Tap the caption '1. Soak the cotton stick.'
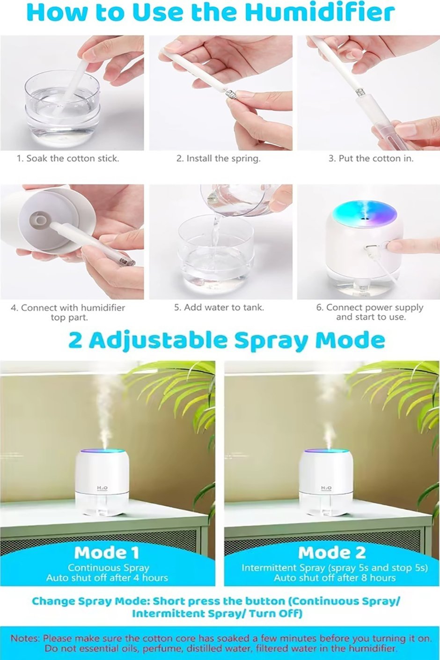point(68,159)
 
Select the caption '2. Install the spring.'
point(219,159)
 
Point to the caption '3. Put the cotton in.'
point(371,159)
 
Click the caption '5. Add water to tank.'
point(219,308)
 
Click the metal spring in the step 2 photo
point(231,96)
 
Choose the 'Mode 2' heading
point(332,553)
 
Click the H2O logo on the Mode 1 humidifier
point(102,488)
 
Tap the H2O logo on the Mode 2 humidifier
point(326,488)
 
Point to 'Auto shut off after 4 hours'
point(107,578)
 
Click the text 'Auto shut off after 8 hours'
point(335,578)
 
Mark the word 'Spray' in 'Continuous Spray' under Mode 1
point(137,568)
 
